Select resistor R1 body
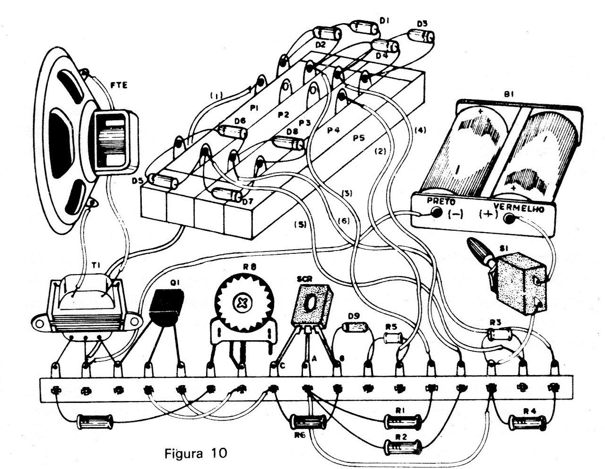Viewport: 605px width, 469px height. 402,419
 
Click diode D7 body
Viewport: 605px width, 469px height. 226,193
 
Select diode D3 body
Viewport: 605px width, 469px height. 422,36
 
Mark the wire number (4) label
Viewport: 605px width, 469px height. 419,130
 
